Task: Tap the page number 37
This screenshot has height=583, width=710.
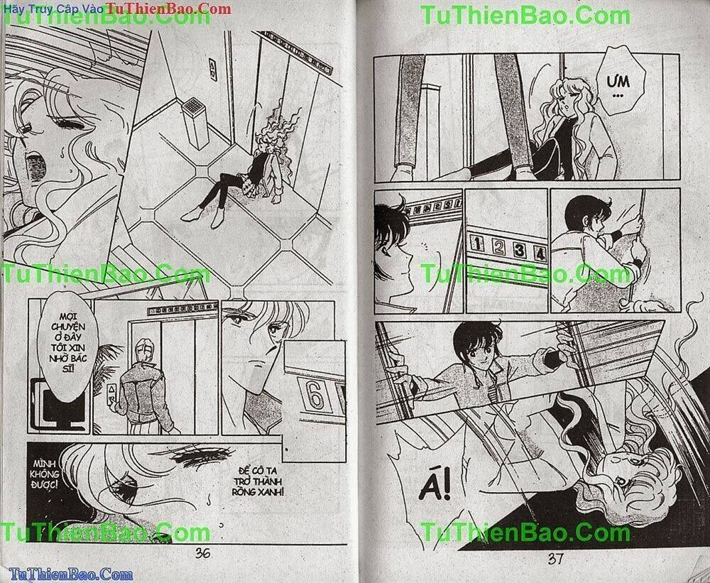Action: (556, 558)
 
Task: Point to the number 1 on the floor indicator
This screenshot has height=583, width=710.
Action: (477, 246)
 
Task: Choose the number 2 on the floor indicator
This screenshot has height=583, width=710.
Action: (498, 247)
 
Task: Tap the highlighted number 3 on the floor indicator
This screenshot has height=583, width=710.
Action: (520, 249)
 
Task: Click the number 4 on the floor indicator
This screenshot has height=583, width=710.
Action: (540, 251)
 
